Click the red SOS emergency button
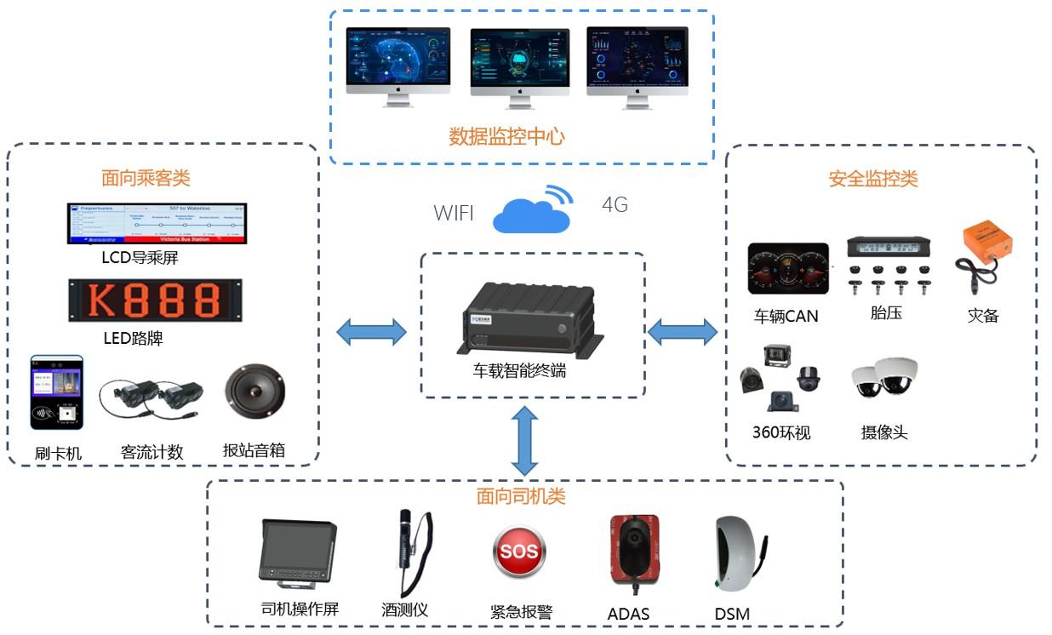(518, 552)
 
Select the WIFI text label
(454, 213)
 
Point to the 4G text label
(614, 205)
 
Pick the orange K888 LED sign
(156, 300)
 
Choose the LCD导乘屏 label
(140, 257)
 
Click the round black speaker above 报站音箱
(254, 395)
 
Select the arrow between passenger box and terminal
(372, 332)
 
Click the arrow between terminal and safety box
(683, 331)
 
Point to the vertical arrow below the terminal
(524, 441)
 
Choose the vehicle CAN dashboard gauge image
(787, 269)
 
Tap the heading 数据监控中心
(506, 136)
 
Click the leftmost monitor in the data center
(398, 65)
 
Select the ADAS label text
(628, 613)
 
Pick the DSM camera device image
(739, 555)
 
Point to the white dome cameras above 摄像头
(884, 379)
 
